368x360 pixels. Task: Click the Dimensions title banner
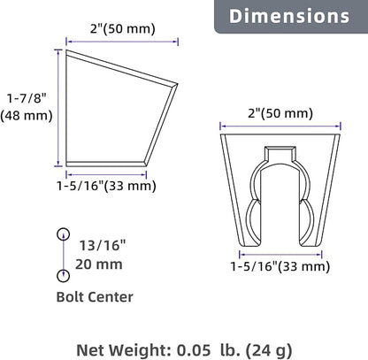tap(291, 16)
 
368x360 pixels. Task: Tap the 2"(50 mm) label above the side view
tap(123, 29)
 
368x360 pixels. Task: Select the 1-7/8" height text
tap(27, 98)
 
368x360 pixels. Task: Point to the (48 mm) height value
tap(27, 115)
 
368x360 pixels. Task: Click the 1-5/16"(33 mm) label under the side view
tap(106, 186)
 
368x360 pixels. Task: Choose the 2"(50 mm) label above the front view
tap(280, 113)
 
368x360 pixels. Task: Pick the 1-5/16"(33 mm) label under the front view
tap(280, 266)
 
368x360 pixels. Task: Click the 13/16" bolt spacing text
tap(103, 245)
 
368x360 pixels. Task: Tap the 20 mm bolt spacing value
tap(99, 264)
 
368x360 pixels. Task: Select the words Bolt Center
tap(95, 297)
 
